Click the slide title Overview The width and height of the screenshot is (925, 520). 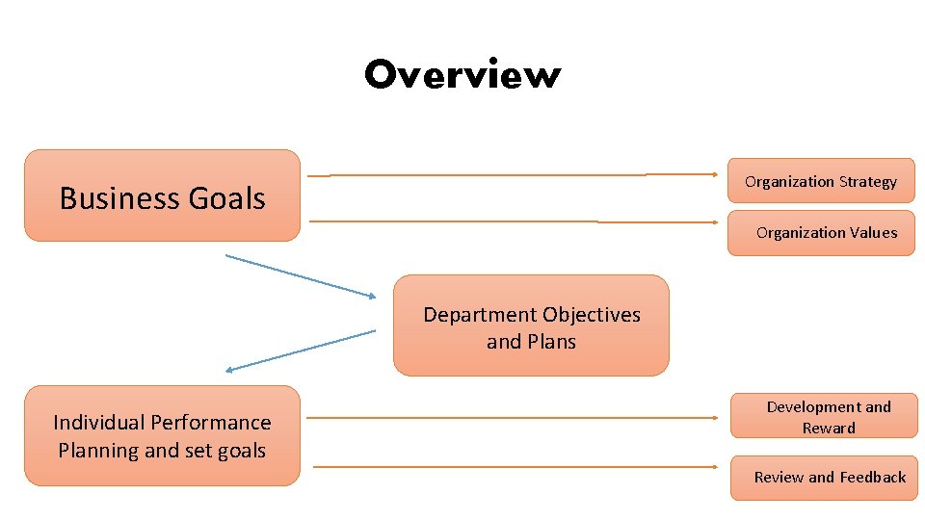point(462,75)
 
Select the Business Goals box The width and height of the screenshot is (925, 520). point(162,195)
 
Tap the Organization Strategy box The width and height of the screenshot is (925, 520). point(820,180)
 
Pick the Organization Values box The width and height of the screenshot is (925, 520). point(820,232)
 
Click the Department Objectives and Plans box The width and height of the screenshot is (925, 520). point(530,325)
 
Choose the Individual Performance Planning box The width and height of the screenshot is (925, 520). point(162,435)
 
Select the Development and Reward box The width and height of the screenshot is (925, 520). point(824,416)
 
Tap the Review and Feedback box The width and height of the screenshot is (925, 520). point(824,478)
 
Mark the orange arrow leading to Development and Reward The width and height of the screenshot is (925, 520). point(511,418)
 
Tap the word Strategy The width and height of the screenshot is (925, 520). point(867,182)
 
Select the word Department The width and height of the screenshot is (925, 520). point(479,315)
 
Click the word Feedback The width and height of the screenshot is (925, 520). point(872,477)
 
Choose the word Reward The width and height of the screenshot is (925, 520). point(829,428)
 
